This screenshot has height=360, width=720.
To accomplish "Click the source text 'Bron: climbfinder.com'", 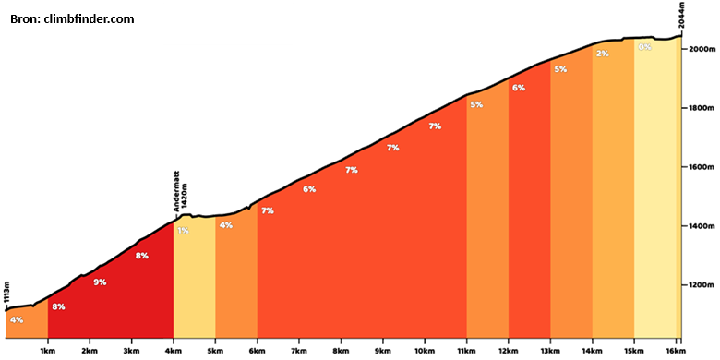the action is (72, 19).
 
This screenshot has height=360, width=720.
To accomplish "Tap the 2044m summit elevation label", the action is (682, 16).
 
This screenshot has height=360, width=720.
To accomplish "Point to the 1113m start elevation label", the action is (6, 294).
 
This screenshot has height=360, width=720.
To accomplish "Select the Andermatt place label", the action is (176, 191).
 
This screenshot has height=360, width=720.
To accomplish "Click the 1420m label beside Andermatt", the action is (185, 196).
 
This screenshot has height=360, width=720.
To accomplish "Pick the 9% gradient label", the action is (100, 282).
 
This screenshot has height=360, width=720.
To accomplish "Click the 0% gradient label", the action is (644, 47).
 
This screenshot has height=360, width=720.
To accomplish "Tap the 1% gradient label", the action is (183, 231).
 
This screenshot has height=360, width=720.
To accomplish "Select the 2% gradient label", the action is (603, 54).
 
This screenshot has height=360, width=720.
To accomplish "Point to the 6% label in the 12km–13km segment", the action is (519, 88).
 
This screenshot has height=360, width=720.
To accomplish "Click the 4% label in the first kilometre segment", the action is (17, 320).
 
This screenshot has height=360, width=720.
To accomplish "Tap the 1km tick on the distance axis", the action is (48, 341).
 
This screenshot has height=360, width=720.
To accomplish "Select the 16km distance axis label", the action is (672, 352).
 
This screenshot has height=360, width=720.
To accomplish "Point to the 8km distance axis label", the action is (341, 352).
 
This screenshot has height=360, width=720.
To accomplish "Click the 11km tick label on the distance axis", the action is (466, 352).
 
